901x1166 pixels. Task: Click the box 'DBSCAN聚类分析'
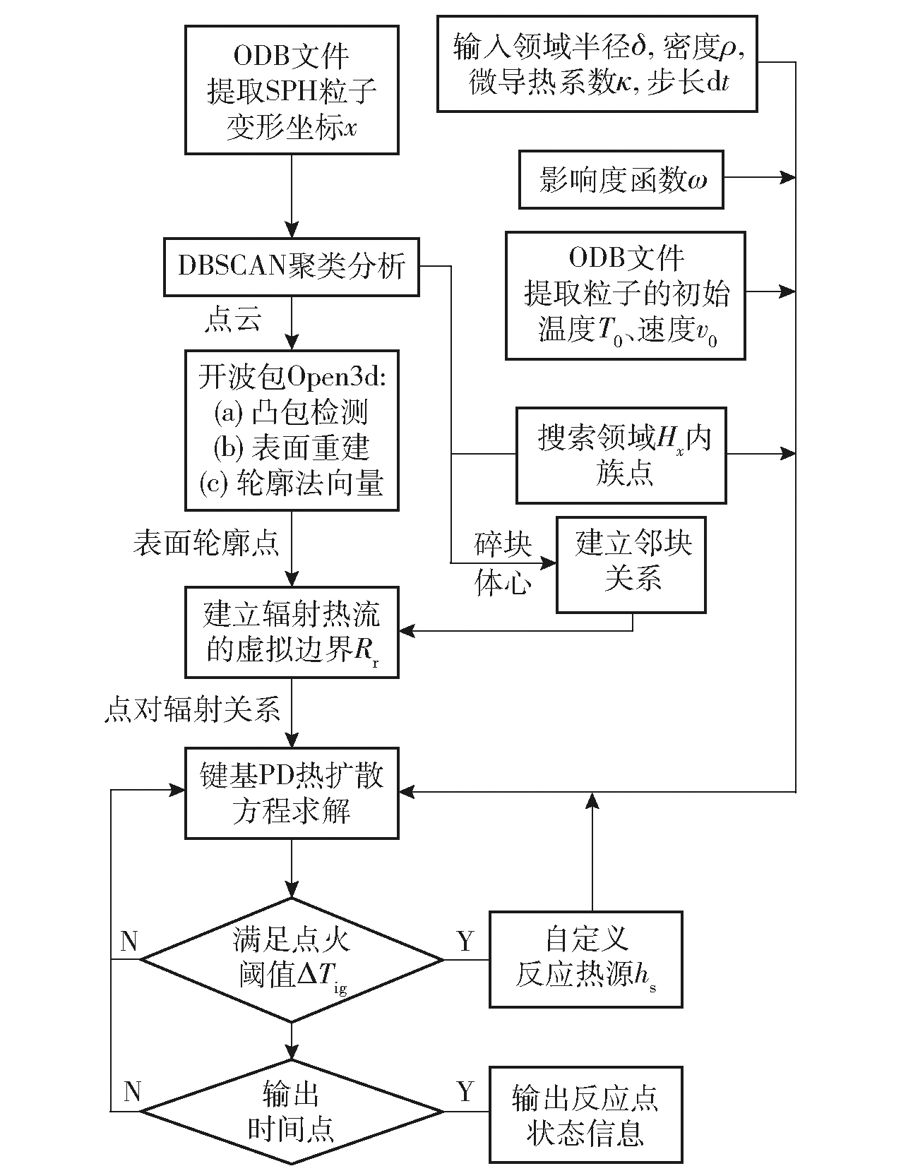coord(291,267)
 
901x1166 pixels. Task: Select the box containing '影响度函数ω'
coord(621,179)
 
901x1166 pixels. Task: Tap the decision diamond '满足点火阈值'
coord(292,959)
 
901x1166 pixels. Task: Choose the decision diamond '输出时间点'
coord(292,1112)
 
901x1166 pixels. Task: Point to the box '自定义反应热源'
coord(585,959)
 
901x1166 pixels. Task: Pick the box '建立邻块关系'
coord(631,564)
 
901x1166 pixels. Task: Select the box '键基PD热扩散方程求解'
coord(291,793)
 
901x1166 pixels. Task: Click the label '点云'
coord(233,320)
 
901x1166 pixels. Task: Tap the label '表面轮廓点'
coord(205,543)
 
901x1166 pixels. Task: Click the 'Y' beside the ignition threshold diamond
coord(465,941)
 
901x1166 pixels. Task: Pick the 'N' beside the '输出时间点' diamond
coord(132,1092)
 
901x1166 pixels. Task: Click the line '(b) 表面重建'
coord(291,447)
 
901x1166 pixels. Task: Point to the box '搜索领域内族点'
coord(621,455)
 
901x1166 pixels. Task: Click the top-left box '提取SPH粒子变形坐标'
coord(291,90)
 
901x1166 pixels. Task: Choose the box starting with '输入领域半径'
coord(597,64)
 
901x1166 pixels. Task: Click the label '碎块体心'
coord(503,564)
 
